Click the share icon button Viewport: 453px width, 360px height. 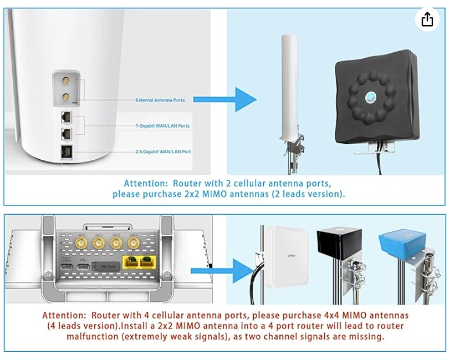(x=427, y=19)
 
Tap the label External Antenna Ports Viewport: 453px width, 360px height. (x=160, y=100)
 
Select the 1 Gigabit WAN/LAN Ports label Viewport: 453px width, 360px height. (x=162, y=125)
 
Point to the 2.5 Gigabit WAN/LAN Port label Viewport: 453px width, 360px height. (x=162, y=152)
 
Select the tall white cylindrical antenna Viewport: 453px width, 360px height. (x=289, y=87)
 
